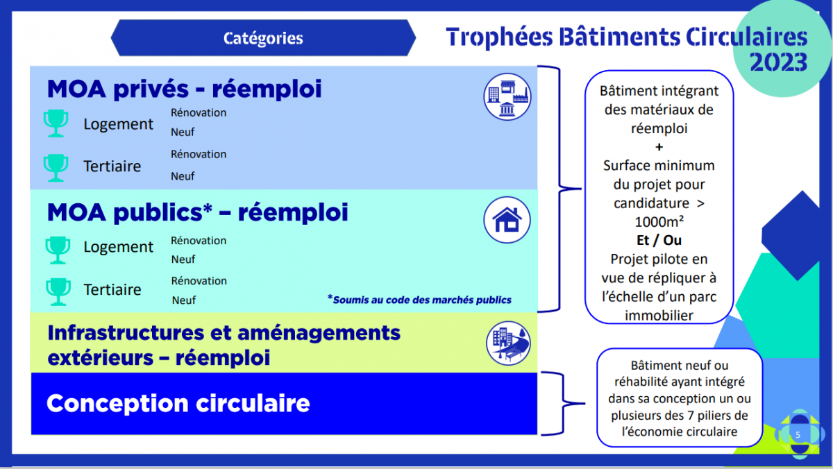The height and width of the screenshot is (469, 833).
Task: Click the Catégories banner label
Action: pos(263,38)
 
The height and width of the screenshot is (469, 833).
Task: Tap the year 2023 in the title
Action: pos(778,62)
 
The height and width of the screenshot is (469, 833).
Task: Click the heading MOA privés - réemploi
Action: pos(184,89)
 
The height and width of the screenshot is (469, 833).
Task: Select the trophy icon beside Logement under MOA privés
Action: pos(56,123)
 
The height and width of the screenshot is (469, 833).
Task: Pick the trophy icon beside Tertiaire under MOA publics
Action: pos(58,291)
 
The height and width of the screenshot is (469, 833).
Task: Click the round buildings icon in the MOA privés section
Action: pos(507,97)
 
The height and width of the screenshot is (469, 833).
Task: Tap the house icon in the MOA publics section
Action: pos(507,220)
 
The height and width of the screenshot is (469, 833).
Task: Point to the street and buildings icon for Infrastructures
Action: pos(508,343)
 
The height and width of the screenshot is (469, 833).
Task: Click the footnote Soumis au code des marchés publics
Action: pos(419,300)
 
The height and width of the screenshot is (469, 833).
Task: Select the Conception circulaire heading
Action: pos(178,403)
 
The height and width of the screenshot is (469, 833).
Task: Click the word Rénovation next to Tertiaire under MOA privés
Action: pos(199,154)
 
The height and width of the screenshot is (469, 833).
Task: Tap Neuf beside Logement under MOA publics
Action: pos(183,259)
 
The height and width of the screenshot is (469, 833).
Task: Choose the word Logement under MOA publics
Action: pos(118,247)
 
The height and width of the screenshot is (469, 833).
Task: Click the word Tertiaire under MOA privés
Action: pos(112,166)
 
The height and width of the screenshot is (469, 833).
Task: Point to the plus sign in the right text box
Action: pos(659,147)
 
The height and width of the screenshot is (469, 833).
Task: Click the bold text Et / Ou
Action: pos(659,240)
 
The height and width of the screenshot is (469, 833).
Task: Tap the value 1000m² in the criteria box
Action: pos(659,221)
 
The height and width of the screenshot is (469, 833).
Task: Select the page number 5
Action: pos(798,435)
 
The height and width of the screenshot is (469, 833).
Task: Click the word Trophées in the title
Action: pos(499,37)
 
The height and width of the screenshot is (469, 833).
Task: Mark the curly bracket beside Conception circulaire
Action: pos(563,403)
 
